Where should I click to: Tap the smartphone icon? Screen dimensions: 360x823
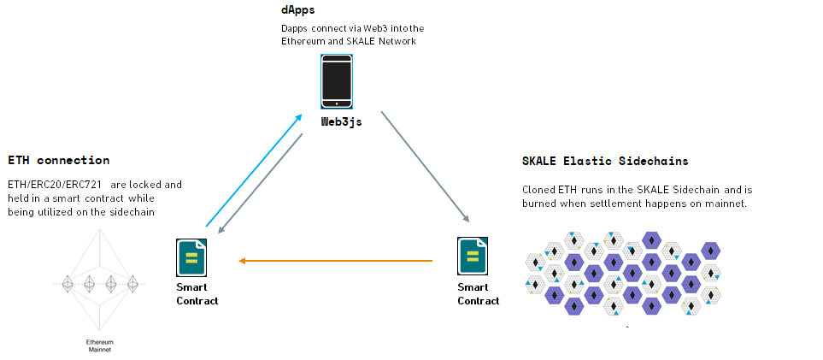(x=337, y=82)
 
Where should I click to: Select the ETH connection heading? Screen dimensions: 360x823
(x=58, y=160)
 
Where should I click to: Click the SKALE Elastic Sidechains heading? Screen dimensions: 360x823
(x=605, y=161)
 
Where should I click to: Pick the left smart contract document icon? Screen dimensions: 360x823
(x=191, y=257)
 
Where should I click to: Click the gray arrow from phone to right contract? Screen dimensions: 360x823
(x=425, y=166)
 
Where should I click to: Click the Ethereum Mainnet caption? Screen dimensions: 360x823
(x=99, y=345)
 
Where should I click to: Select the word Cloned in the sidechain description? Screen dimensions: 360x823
(x=538, y=190)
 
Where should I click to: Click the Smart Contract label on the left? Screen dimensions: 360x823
(x=197, y=294)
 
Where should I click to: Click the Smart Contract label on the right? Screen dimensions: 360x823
(x=479, y=294)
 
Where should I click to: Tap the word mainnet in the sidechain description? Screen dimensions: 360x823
(x=726, y=204)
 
